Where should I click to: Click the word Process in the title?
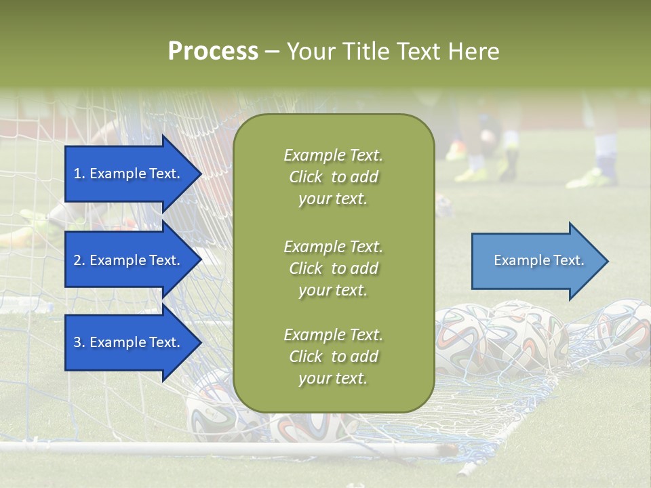[213, 52]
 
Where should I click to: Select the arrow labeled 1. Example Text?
[129, 174]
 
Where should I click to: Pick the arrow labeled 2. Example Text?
[129, 260]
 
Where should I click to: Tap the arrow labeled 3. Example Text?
[129, 342]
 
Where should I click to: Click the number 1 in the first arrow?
[77, 174]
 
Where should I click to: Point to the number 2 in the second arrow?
[77, 260]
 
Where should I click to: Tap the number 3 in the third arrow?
[77, 342]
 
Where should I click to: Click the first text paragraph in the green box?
[333, 177]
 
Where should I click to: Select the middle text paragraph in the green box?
[333, 268]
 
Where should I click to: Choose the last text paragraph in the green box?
[333, 357]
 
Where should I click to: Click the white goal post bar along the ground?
[203, 448]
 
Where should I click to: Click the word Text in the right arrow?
[568, 260]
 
